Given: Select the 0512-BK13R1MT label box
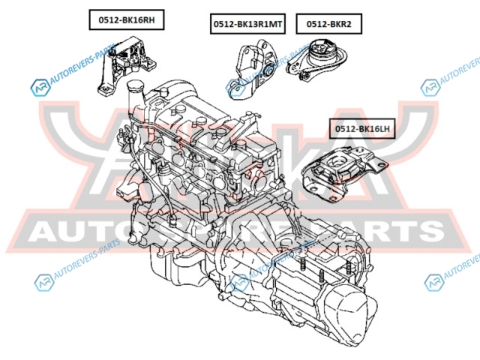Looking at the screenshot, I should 247,24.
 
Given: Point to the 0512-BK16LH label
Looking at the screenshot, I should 362,129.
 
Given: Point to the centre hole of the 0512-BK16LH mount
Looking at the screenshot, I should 337,163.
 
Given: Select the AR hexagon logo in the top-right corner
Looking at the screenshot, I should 430,88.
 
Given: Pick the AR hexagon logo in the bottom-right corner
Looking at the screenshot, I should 433,283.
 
